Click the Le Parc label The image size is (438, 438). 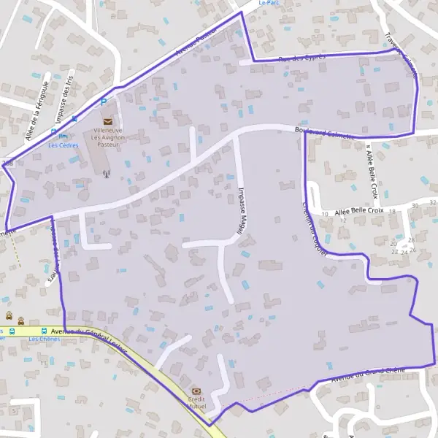click(x=269, y=3)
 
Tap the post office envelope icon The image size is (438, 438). click(x=107, y=121)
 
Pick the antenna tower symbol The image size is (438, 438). click(x=106, y=174)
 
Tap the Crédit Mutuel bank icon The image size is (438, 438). click(x=196, y=391)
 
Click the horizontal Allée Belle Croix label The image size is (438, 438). click(x=360, y=212)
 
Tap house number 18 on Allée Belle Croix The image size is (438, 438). click(x=392, y=212)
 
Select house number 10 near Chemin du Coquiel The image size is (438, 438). click(x=324, y=214)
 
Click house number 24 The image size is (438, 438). click(x=404, y=253)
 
